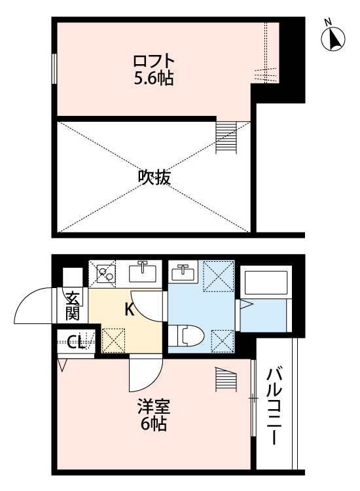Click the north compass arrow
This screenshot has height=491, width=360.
tap(334, 39)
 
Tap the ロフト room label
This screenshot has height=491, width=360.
tap(153, 63)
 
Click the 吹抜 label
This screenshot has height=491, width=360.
tap(155, 177)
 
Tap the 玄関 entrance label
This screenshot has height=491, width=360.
tap(72, 305)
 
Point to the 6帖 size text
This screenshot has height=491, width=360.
tap(153, 424)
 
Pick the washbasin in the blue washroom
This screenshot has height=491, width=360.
tap(183, 272)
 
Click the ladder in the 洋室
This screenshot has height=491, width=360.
tap(225, 380)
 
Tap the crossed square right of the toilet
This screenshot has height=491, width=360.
tap(221, 338)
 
